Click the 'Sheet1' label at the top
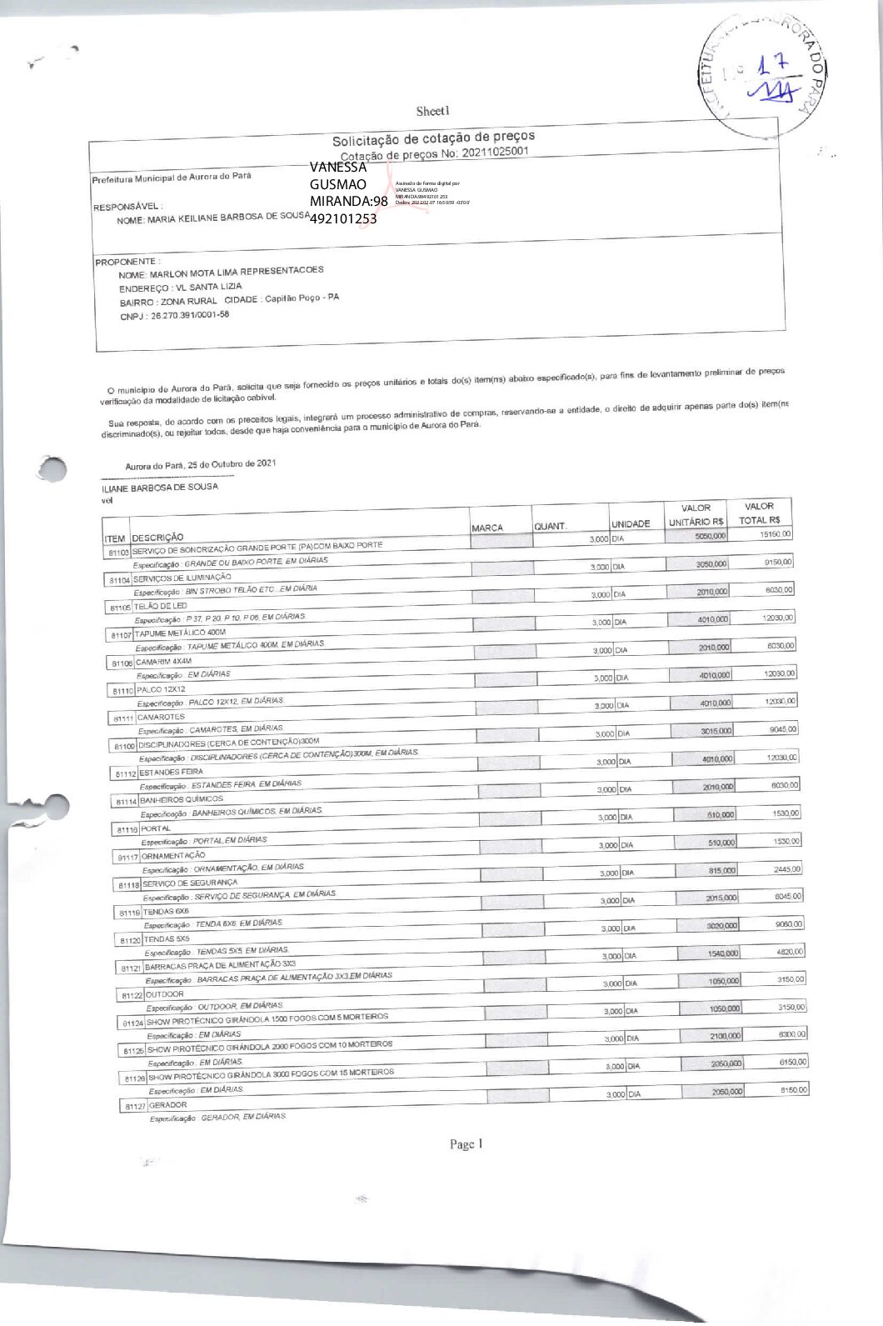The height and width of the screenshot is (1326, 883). tap(433, 111)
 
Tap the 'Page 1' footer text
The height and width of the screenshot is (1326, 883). tap(466, 1144)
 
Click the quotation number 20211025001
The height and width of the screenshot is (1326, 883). tap(494, 152)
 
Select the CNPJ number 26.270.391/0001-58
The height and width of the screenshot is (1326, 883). tap(187, 315)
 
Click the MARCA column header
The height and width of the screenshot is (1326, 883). tap(487, 528)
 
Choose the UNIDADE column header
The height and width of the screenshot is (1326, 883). tap(631, 523)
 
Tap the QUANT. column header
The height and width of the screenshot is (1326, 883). tap(551, 526)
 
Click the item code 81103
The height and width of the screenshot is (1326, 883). tap(117, 553)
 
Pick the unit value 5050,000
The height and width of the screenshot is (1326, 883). tap(711, 536)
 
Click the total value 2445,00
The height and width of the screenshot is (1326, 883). tap(786, 868)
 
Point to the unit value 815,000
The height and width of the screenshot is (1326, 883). tap(721, 870)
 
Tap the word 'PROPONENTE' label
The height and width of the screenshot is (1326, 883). tap(126, 262)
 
